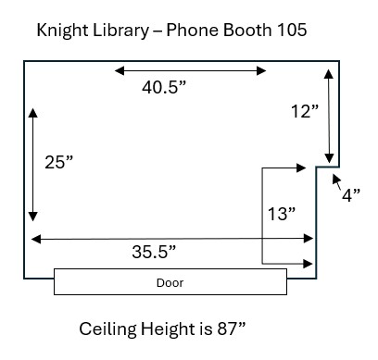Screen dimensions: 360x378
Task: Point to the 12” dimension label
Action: [304, 112]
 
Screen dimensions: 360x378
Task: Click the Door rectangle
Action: [170, 281]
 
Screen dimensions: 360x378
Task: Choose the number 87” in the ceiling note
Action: [226, 329]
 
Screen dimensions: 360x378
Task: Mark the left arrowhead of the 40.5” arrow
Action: [118, 69]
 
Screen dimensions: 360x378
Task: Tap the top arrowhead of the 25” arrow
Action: [34, 113]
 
